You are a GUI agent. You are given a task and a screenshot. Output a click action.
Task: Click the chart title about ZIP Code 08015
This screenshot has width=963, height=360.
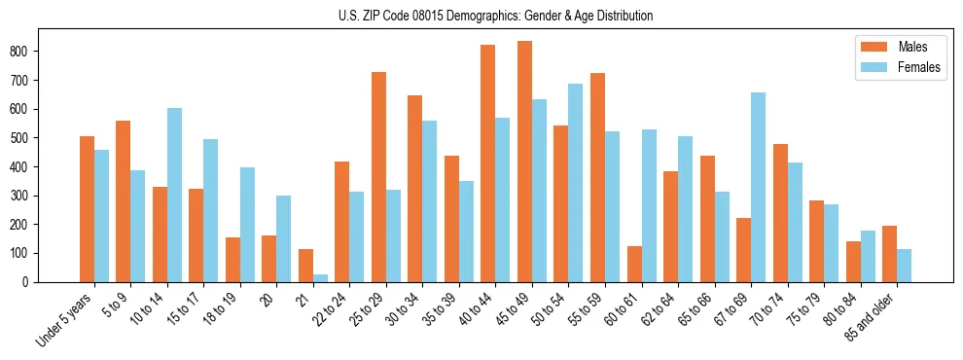(481, 16)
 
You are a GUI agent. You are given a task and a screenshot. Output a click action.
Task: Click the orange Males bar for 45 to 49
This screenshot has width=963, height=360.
(524, 162)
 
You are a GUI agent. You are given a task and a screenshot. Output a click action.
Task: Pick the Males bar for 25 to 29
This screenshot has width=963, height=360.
(378, 177)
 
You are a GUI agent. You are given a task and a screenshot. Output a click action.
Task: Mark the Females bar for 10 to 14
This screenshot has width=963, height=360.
(174, 195)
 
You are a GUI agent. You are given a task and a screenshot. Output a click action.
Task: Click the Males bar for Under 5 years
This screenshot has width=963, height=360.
(87, 209)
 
